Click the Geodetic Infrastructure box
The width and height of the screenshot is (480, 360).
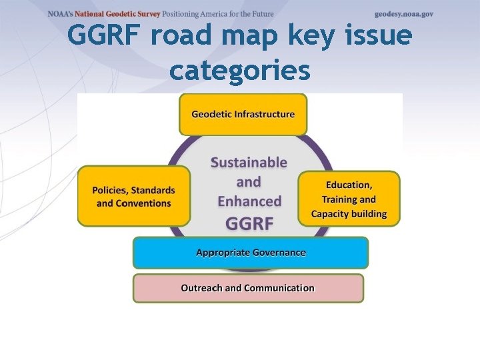[243, 114]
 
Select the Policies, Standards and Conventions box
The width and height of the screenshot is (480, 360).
[134, 196]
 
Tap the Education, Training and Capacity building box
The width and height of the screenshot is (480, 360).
[349, 199]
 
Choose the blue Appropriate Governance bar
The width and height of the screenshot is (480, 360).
[251, 253]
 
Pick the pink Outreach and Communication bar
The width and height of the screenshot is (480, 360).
[248, 288]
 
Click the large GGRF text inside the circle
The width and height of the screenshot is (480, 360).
[249, 223]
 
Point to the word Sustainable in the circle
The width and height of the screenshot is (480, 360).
[249, 162]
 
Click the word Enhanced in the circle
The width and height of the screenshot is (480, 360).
[249, 201]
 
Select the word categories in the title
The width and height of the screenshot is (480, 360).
[240, 69]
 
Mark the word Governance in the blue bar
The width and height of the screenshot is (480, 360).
[278, 253]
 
